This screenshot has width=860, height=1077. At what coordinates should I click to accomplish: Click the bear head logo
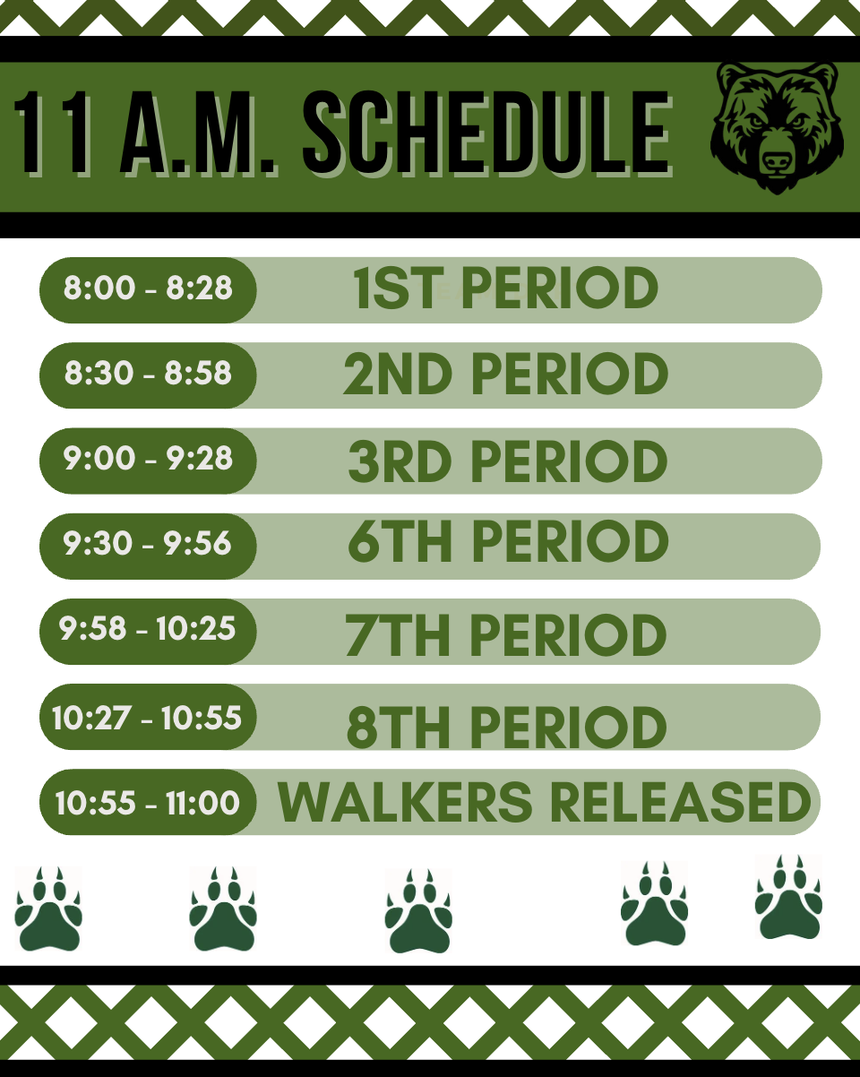point(777,127)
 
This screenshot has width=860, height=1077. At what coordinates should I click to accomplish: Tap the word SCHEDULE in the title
point(486,133)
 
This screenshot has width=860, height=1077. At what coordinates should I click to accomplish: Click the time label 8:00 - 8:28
point(148,288)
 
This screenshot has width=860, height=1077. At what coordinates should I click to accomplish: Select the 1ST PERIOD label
point(505,288)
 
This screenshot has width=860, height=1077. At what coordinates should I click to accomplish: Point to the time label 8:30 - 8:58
point(148,373)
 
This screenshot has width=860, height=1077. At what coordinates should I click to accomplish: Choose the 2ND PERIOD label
point(506,374)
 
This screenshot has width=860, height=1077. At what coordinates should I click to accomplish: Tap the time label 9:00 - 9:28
point(148,458)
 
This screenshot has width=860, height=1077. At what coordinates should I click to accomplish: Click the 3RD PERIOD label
point(507,461)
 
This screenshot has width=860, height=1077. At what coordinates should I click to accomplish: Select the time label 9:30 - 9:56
point(147,543)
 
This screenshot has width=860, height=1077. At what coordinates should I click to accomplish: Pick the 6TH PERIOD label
point(508,541)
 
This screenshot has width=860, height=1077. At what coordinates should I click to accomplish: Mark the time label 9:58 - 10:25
point(147,628)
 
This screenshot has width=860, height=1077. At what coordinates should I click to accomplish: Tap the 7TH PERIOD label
point(505,634)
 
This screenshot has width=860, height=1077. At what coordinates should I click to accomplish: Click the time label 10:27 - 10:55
point(147,719)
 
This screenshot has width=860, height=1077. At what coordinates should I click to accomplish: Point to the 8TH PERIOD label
point(506,728)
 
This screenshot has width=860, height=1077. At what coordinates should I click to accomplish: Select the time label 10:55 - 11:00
point(148,803)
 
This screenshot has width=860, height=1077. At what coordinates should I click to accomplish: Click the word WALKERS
point(405,802)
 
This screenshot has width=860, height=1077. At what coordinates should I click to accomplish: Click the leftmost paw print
point(48,909)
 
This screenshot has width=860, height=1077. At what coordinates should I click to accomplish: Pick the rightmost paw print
point(788,897)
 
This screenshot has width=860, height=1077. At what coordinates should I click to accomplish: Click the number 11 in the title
point(52,133)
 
